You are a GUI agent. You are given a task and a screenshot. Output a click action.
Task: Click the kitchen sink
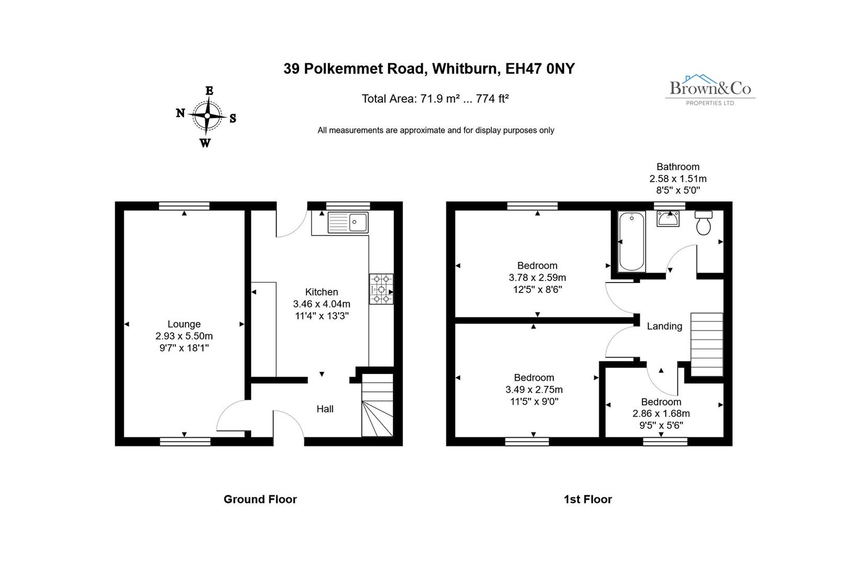(348, 222)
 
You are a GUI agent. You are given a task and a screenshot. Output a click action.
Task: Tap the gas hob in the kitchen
(381, 289)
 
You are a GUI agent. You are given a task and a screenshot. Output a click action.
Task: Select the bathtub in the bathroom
(631, 241)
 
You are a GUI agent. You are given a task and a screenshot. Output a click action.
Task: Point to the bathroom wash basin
(668, 219)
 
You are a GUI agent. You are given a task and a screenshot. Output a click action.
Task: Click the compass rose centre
(208, 116)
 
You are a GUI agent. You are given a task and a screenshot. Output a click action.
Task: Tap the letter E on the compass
(209, 91)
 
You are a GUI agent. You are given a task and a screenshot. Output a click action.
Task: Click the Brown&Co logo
(710, 89)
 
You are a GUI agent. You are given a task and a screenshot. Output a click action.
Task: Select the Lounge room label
(184, 324)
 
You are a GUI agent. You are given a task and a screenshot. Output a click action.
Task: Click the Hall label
(325, 409)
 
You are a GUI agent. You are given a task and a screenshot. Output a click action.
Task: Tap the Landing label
(664, 326)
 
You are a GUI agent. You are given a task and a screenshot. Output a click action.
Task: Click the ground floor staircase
(377, 405)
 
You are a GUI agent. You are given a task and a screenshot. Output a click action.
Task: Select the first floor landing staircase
(707, 344)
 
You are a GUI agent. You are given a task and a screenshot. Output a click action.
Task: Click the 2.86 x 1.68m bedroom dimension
(661, 413)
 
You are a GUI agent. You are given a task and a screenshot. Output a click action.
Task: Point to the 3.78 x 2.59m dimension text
(537, 277)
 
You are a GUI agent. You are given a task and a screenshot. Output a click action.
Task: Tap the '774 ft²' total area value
(492, 99)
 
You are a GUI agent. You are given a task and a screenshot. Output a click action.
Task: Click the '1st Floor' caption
(588, 499)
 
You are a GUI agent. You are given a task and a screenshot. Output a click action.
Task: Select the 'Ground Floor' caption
(260, 499)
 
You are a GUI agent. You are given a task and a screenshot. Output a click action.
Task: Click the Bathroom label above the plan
(678, 167)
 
